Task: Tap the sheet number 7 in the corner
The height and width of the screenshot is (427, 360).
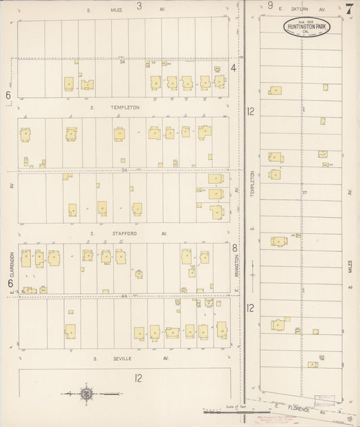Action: coord(349,9)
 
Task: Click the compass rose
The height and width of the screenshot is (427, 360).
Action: coord(86,393)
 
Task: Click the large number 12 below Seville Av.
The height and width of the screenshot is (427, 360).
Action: coord(137,378)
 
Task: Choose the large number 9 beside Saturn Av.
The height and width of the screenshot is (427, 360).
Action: coord(270,6)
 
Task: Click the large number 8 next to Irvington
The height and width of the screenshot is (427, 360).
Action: coord(234,248)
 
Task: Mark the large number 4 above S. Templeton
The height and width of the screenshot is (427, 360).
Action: coord(234,68)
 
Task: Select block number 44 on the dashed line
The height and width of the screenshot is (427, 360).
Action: coord(124,296)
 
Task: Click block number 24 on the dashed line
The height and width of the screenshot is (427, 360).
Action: coord(123,62)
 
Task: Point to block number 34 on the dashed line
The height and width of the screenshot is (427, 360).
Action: coord(124,170)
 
